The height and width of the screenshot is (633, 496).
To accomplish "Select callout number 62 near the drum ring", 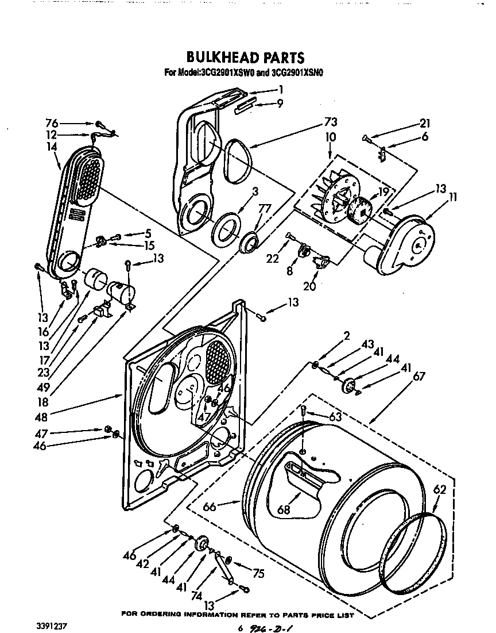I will pos(439,490).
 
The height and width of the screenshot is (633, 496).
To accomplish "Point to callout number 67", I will pos(420,377).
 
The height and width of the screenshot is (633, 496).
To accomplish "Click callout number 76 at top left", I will pos(52,123).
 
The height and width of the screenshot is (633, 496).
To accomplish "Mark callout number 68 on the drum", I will pos(283,509).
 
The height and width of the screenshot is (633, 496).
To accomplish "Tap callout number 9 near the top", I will pos(280,104).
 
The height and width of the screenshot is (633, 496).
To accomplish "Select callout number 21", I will pos(425,123).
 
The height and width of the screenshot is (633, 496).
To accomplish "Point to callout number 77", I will pos(265,209).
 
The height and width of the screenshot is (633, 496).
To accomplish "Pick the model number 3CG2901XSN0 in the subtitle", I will pos(298,73).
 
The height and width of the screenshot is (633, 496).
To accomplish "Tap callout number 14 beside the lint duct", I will pos(53,147).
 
